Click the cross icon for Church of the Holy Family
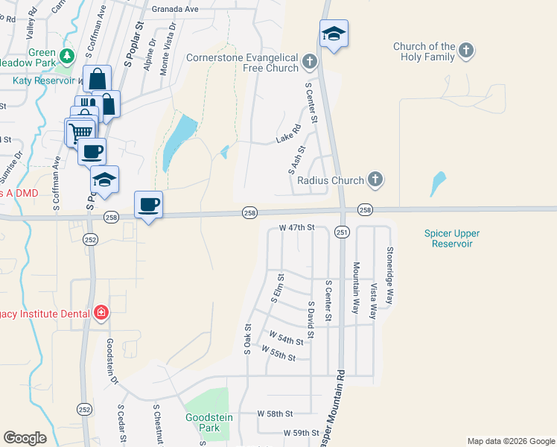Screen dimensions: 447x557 pos(466,51)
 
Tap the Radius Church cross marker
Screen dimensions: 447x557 pos(375,180)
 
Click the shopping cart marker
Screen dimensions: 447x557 pos(81,132)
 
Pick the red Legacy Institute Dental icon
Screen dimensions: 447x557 pos(101,313)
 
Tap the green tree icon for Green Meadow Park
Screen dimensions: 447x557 pos(68,56)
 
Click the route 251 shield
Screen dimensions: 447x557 pos(342,233)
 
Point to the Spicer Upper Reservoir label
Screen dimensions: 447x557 pos(449,238)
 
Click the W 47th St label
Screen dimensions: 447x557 pos(297,227)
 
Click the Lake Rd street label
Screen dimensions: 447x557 pos(287,136)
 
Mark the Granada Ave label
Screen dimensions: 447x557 pos(175,9)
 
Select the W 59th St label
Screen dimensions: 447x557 pos(301,433)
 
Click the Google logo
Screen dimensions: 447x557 pos(25,438)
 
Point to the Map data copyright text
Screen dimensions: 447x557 pos(510,441)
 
